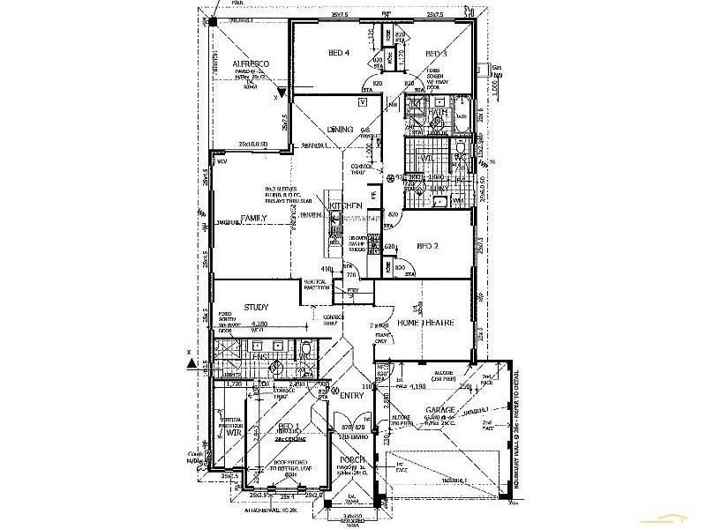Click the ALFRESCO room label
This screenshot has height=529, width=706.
tap(251, 65)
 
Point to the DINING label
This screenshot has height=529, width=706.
tap(340, 130)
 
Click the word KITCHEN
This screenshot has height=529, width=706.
tap(347, 205)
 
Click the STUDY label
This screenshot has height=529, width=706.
tap(255, 307)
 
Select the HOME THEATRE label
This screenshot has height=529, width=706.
tap(427, 323)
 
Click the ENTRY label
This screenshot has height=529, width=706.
tap(351, 395)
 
